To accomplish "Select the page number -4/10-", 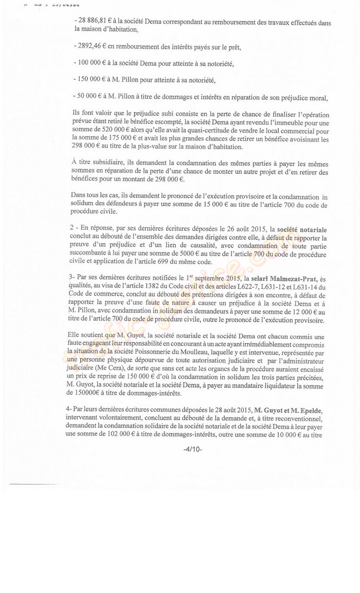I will click(193, 448).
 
